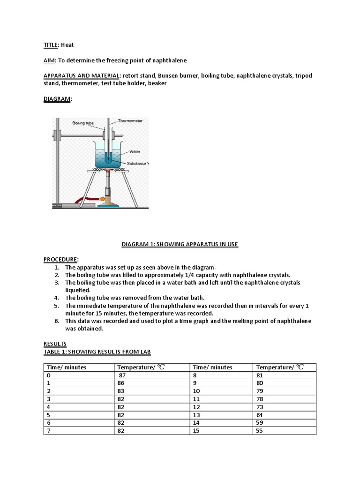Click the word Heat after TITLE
[67, 45]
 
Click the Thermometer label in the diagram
[130, 121]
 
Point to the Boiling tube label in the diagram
[83, 123]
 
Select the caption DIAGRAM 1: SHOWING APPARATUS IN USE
[180, 244]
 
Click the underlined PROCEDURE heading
[60, 260]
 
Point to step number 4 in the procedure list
[56, 298]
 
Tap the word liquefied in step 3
[78, 290]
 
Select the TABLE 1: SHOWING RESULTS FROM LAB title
[97, 352]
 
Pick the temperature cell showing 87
[122, 376]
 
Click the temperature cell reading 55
[260, 430]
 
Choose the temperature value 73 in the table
[260, 407]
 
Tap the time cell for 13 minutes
[196, 415]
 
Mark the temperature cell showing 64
[260, 415]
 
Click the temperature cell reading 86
[121, 383]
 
